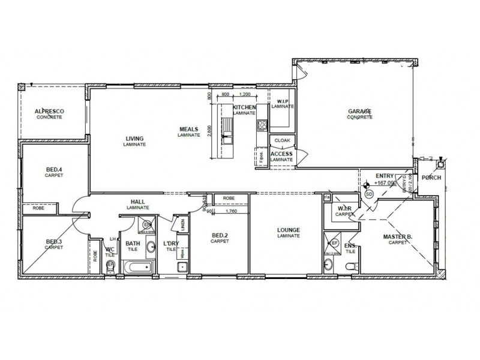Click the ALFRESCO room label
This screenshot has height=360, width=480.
(x=49, y=112)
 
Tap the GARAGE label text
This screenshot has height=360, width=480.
(x=359, y=112)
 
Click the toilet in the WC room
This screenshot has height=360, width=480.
(x=109, y=268)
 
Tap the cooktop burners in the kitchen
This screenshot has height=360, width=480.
(x=262, y=125)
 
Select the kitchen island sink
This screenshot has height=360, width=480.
(x=226, y=138)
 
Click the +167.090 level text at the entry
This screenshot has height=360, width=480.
(x=383, y=182)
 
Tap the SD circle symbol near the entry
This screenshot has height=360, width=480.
(x=368, y=194)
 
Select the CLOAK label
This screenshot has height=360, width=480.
(x=282, y=140)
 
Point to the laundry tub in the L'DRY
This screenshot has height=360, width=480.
(x=184, y=266)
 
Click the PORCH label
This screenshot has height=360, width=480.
(x=431, y=178)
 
